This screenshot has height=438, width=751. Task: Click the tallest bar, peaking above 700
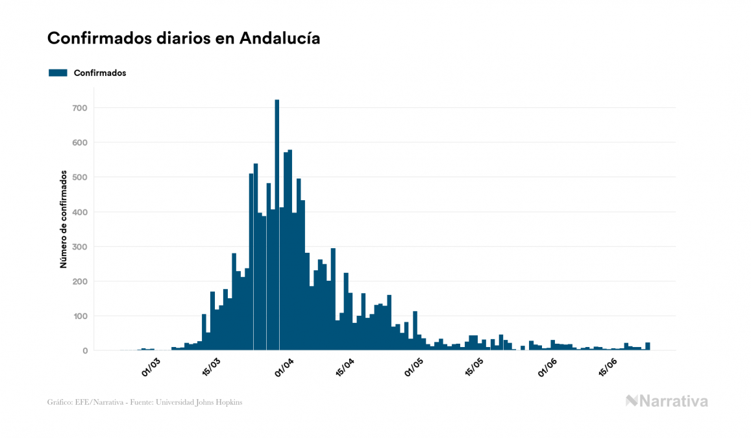click(277, 227)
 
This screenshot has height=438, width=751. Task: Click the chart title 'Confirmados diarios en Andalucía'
click(184, 38)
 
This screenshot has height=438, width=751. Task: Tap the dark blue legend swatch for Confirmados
click(58, 73)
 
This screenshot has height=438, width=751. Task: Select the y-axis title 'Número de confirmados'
click(64, 220)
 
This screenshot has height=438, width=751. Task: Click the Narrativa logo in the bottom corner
click(667, 401)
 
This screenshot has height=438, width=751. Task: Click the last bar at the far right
click(648, 346)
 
